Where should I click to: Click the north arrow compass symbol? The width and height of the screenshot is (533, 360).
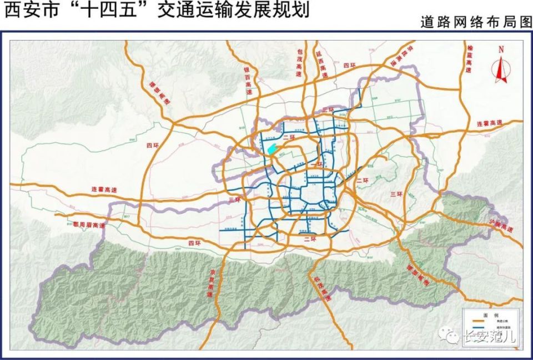501,63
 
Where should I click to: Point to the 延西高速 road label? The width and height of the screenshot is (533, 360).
321,64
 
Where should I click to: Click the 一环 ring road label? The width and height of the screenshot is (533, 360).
317,165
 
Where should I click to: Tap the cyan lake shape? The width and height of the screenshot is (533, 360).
272,149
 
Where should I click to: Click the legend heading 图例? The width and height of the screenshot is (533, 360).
492,314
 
